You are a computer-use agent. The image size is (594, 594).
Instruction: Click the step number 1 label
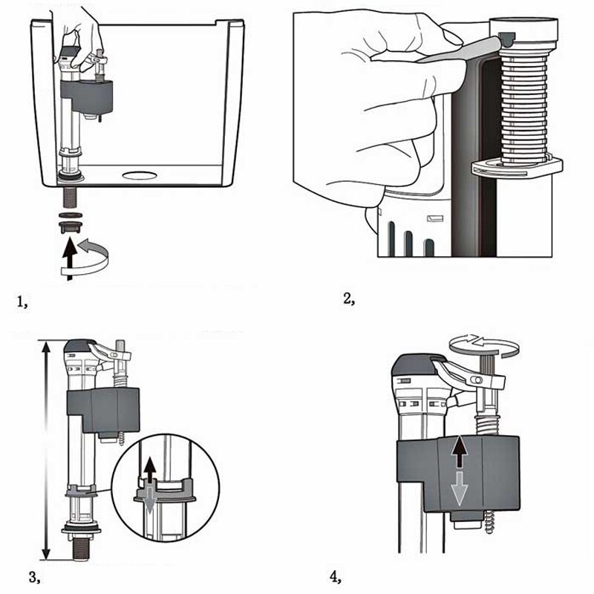point(22,301)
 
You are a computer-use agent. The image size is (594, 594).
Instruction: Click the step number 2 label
point(348,299)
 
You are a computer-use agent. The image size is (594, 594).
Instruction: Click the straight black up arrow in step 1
point(69,256)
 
